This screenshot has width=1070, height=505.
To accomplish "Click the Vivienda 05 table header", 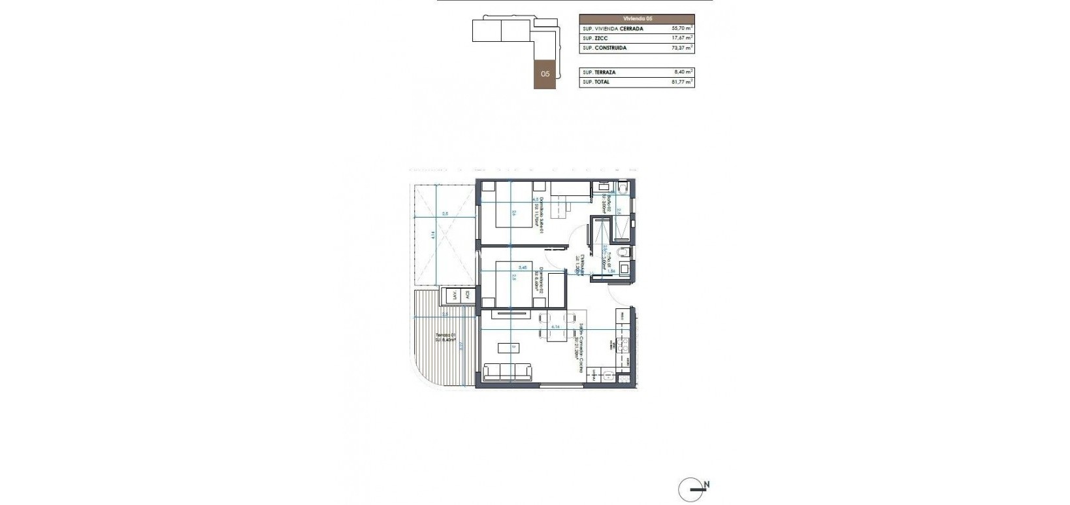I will [636, 19].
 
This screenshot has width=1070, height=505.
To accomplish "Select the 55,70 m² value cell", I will [682, 29].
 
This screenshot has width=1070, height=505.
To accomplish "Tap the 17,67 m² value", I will [682, 39].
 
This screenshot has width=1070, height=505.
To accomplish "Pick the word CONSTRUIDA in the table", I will [613, 48].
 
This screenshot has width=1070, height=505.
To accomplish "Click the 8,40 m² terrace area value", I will [683, 72].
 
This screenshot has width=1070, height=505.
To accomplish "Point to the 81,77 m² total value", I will [682, 82].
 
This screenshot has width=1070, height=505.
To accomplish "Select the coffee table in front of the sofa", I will [508, 347].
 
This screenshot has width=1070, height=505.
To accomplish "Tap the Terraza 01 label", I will [448, 338].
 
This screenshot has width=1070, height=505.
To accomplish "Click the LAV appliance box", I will [452, 295].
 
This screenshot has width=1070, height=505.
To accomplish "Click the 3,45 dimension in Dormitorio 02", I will [523, 267].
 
